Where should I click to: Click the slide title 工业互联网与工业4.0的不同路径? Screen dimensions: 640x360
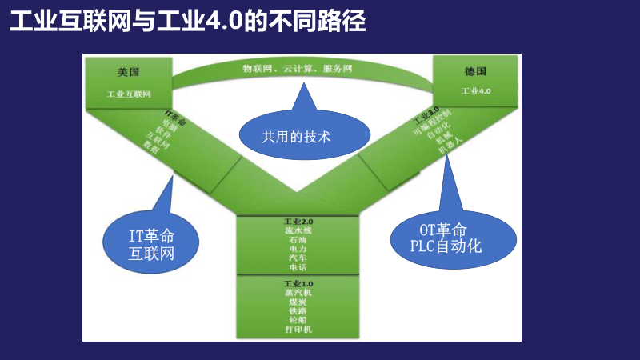[x=187, y=22]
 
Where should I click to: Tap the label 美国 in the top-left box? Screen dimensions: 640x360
[x=128, y=72]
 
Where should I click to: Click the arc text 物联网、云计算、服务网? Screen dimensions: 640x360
[x=298, y=69]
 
